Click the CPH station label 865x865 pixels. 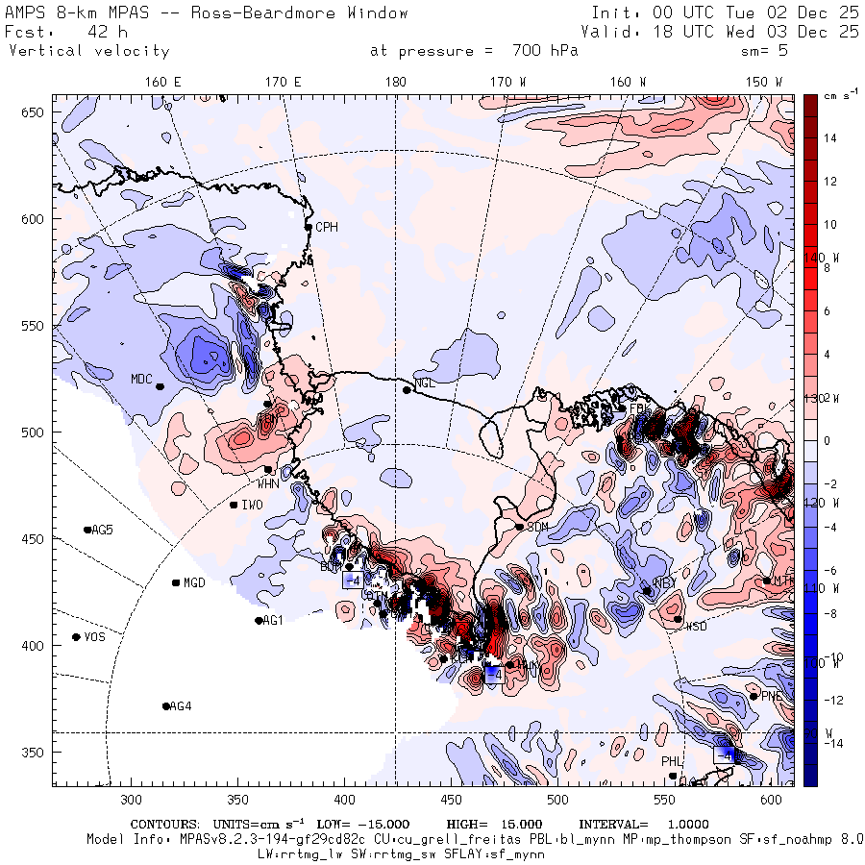[329, 228]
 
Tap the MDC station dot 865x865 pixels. [160, 386]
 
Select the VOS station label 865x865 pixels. [94, 638]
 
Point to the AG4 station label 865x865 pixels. [181, 706]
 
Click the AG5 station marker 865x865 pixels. [87, 530]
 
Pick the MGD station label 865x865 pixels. [194, 583]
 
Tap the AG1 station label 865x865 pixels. [274, 621]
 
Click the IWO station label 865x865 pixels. [252, 506]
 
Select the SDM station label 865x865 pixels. [538, 528]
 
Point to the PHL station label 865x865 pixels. [671, 762]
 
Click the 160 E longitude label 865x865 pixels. [163, 83]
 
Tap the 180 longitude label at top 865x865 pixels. [395, 83]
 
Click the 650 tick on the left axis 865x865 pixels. [36, 113]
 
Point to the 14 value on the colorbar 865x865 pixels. [830, 138]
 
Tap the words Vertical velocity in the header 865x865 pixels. [88, 51]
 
